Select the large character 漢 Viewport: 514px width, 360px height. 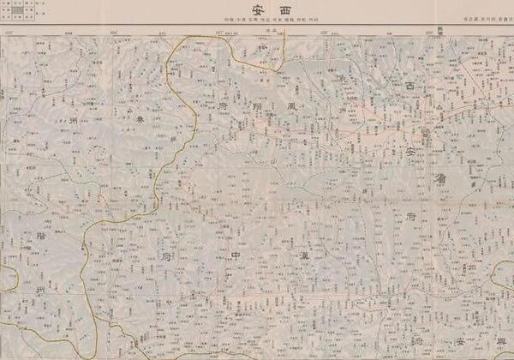304,255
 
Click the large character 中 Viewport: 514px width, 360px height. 236,255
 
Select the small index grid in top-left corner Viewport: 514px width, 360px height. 23,9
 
